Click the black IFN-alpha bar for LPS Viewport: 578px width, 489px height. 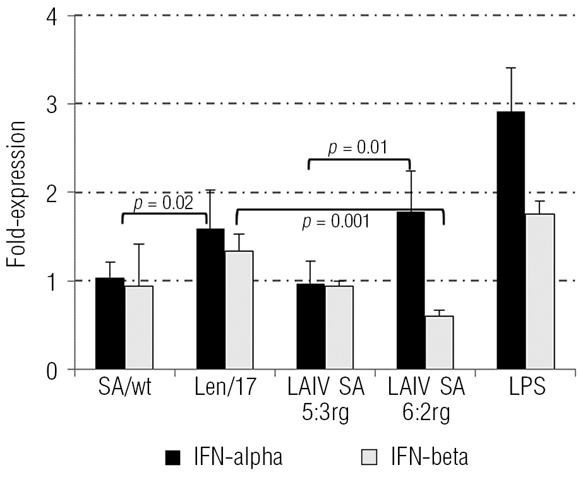tap(510, 240)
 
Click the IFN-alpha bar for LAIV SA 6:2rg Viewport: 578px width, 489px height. tap(411, 291)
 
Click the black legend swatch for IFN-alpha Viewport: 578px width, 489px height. tap(172, 457)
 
